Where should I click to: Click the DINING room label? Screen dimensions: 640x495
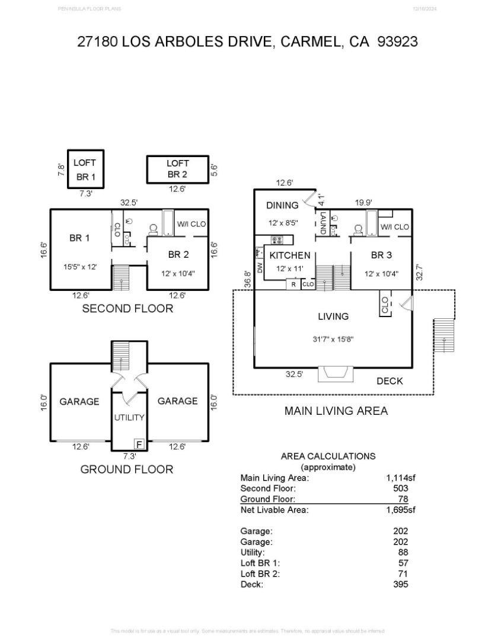pos(282,206)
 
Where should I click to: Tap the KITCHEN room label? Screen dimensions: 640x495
pos(290,255)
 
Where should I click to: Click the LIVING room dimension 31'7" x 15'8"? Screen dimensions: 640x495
pos(333,340)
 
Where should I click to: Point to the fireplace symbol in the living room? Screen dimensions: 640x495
pos(336,375)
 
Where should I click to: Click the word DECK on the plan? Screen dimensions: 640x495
pos(389,381)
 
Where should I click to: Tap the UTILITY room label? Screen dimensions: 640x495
pos(129,417)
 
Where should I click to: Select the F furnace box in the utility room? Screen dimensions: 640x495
pos(139,444)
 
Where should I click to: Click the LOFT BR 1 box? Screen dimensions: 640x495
pos(85,169)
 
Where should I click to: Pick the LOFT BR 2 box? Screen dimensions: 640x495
pos(177,169)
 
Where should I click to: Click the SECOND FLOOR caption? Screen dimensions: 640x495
pos(127,309)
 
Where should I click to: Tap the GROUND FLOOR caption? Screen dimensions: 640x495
pos(127,469)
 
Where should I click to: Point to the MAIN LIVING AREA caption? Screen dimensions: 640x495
pos(336,411)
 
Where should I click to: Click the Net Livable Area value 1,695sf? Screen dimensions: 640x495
pos(400,510)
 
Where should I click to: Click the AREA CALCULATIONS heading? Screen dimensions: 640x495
pos(328,456)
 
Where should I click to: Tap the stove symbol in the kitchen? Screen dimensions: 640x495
pos(277,240)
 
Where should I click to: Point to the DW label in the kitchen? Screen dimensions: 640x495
pos(260,267)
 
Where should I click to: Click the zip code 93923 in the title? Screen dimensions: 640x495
pos(397,41)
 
